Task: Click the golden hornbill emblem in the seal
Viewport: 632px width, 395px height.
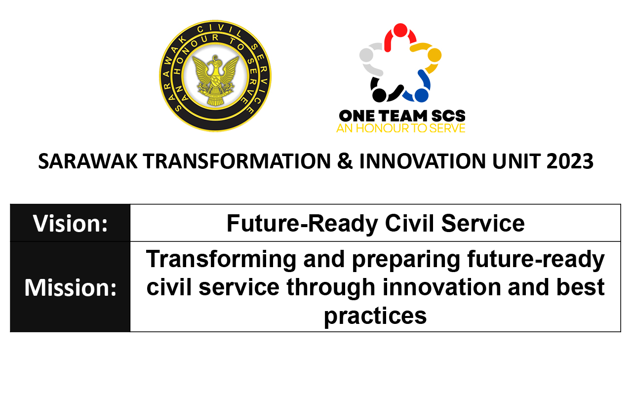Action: tap(216, 80)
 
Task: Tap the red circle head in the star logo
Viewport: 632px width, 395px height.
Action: tap(400, 30)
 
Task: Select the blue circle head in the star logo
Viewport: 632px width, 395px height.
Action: tap(422, 95)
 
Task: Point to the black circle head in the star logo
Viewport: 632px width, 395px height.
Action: tap(379, 95)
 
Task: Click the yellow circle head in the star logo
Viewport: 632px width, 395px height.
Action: tap(434, 55)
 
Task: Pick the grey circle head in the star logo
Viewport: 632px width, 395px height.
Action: tap(366, 55)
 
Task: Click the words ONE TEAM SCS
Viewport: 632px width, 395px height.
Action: tap(402, 116)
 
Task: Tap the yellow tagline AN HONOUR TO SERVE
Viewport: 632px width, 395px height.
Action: tap(401, 128)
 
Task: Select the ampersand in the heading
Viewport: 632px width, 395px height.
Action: tap(345, 161)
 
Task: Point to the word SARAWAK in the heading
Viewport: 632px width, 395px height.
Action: tap(88, 161)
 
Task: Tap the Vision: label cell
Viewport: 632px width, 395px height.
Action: tap(70, 223)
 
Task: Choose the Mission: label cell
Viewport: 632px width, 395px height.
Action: tap(70, 287)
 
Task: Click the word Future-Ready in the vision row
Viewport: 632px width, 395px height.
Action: tap(302, 224)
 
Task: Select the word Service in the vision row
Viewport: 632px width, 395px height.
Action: tap(483, 224)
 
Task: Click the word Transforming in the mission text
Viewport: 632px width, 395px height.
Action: tap(221, 260)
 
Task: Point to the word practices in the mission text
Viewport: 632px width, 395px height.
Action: tap(375, 316)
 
